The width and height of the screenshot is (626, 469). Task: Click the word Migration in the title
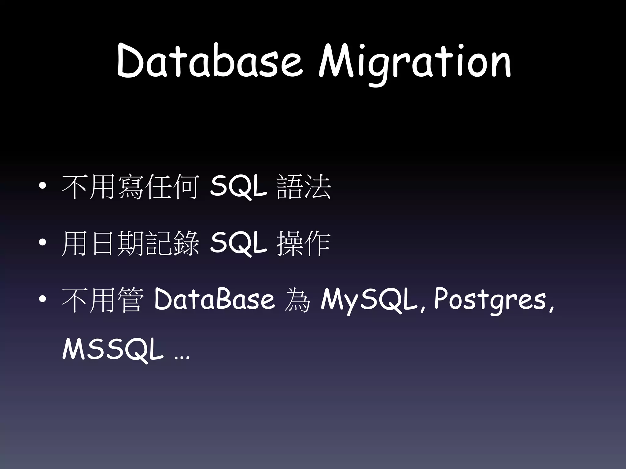[x=414, y=63]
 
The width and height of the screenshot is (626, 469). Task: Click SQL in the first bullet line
[x=238, y=187]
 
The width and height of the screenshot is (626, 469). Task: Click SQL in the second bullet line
[x=238, y=244]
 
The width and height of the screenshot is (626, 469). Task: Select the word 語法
[x=303, y=187]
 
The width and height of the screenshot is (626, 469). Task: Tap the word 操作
[x=303, y=244]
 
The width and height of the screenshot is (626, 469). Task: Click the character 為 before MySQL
[x=297, y=300]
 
